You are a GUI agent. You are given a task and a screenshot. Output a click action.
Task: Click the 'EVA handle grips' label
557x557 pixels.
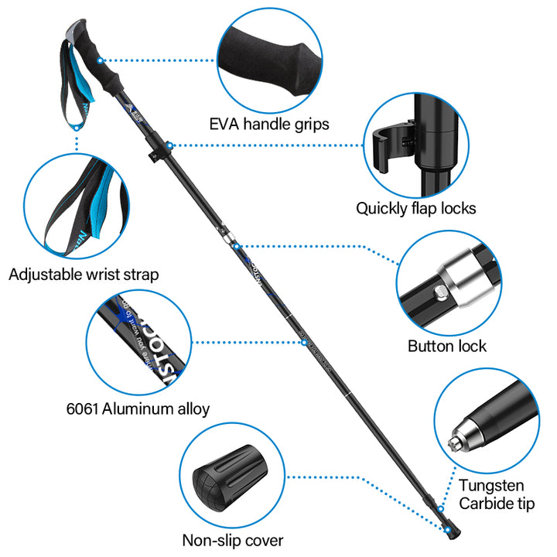click(269, 124)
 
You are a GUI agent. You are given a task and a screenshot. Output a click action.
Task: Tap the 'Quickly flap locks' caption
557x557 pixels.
click(415, 208)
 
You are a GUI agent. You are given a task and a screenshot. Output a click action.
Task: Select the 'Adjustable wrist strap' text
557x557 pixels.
click(84, 274)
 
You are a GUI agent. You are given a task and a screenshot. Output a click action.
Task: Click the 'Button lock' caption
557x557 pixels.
click(447, 346)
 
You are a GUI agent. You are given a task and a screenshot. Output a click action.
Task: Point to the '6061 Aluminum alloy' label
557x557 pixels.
click(138, 408)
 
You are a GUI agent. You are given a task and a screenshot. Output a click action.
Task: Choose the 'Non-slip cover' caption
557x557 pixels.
click(232, 540)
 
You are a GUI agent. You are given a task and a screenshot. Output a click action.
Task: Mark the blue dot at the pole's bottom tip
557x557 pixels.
click(448, 528)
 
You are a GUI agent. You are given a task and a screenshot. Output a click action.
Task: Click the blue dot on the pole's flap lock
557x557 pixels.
click(169, 145)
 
